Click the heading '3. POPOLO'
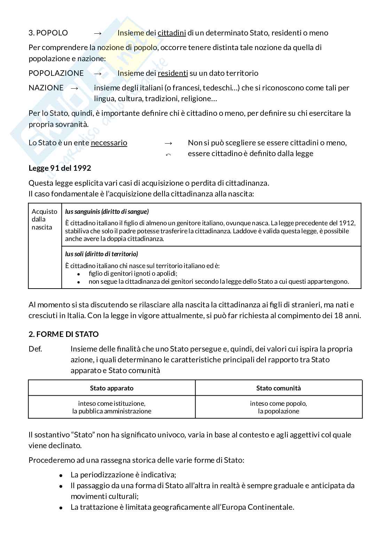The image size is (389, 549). click(48, 33)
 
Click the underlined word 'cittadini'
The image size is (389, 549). click(172, 33)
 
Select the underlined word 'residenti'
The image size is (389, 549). click(173, 73)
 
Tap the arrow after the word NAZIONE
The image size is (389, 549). click(74, 88)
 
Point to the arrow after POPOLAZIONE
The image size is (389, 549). click(98, 73)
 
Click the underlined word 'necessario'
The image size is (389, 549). click(109, 143)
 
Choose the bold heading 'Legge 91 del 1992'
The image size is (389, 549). click(60, 168)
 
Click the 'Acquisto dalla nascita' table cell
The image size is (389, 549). click(45, 219)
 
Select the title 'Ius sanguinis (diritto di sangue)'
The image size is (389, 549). click(107, 211)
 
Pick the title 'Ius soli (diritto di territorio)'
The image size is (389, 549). click(101, 254)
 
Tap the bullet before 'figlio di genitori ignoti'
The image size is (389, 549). click(79, 274)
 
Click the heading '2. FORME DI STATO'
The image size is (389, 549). click(64, 334)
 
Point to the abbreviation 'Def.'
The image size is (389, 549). click(35, 349)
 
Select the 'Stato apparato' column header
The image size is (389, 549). click(112, 388)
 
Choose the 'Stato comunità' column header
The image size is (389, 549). click(278, 388)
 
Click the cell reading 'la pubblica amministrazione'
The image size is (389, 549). click(112, 411)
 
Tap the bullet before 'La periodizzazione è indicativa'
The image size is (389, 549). click(61, 475)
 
